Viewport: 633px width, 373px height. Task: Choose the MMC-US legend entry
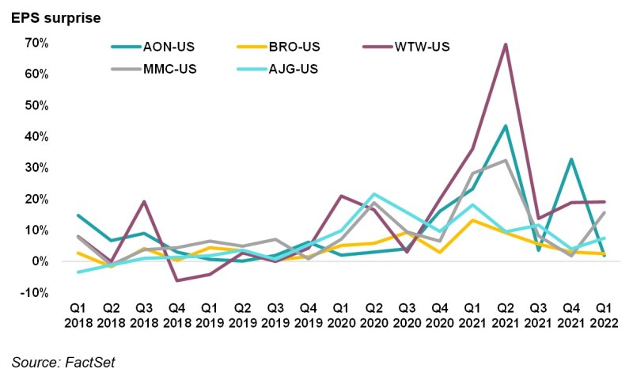tap(169, 69)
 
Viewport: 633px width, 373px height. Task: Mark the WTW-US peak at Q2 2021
tap(505, 44)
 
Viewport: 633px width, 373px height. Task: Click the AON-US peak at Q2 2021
tap(505, 126)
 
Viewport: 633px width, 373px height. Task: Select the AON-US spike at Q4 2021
tap(572, 159)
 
